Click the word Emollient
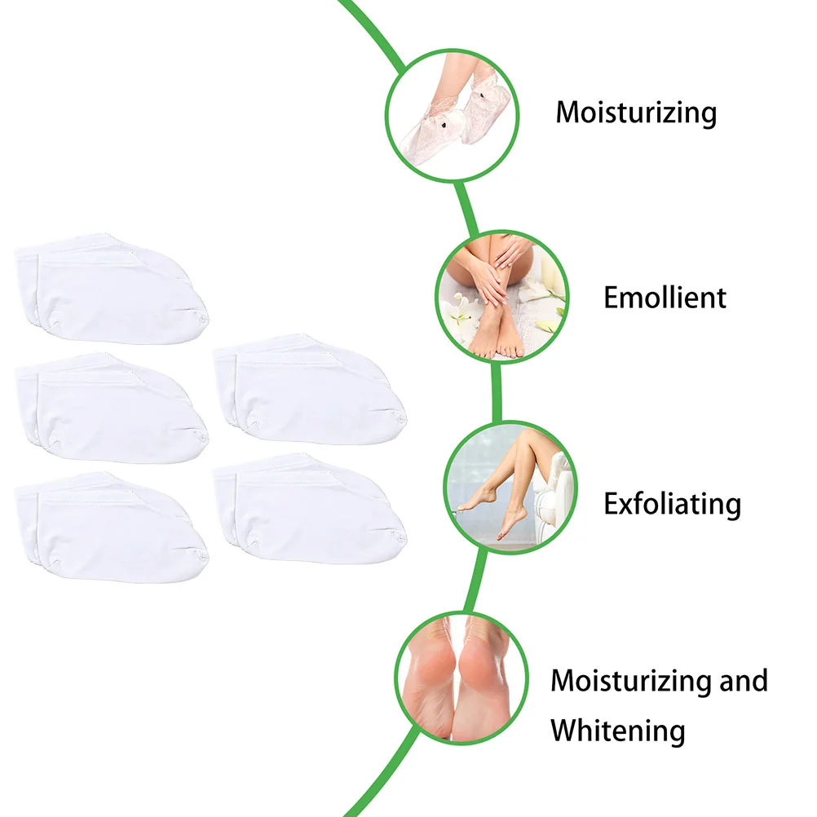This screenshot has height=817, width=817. coord(664,298)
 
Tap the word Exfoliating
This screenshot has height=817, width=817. coord(672,504)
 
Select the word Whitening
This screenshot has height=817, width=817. coord(617,730)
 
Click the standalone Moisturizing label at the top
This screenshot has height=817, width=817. coord(636,113)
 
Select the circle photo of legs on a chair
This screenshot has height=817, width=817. coord(510,488)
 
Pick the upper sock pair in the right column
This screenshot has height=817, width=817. coord(310,388)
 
